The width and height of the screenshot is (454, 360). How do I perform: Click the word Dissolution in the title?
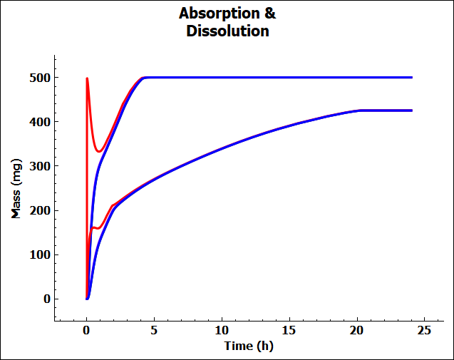click(227, 31)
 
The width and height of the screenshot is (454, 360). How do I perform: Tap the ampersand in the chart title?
click(269, 14)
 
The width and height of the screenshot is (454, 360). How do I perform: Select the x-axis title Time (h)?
click(248, 346)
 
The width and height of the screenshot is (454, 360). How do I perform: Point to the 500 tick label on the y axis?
click(40, 78)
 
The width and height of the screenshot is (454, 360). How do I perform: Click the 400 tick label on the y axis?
click(40, 122)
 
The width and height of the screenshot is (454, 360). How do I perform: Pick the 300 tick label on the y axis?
click(40, 166)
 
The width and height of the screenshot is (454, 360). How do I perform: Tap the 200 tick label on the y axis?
click(40, 210)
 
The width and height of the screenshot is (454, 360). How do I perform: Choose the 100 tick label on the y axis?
click(40, 254)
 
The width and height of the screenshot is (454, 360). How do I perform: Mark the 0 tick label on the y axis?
click(46, 299)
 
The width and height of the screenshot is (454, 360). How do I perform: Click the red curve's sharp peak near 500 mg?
click(87, 78)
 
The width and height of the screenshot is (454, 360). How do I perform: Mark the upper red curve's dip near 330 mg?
click(100, 151)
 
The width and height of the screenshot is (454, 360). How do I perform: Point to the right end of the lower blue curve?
click(411, 110)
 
